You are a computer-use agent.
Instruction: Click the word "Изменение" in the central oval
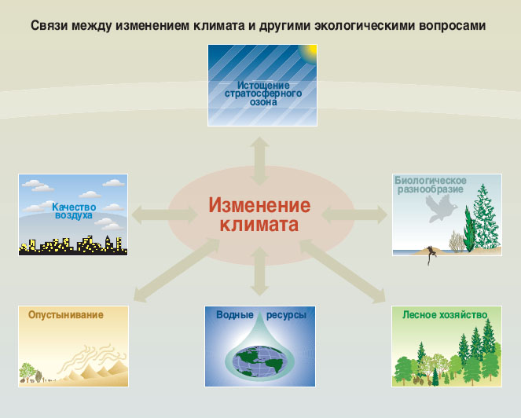tap(259, 206)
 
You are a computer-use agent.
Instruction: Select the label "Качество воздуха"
tap(72, 211)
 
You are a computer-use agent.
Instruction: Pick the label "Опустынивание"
tap(66, 314)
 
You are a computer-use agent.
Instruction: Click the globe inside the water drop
tap(259, 359)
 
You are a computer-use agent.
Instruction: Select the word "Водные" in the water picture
tap(234, 315)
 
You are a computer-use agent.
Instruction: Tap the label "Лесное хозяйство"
tap(445, 314)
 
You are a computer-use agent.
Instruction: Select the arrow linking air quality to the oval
tap(160, 212)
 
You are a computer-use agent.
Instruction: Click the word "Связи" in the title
tap(50, 25)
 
